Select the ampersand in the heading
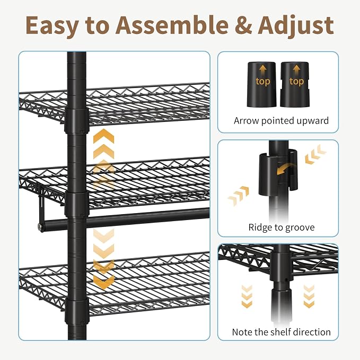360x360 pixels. [245, 25]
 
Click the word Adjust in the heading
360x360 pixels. [296, 25]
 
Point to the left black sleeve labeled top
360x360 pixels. [261, 84]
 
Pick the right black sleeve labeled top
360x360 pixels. [295, 84]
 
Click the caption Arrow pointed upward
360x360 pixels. [281, 121]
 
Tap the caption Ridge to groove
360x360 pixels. [281, 227]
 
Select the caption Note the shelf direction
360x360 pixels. [281, 332]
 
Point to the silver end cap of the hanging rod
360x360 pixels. [40, 227]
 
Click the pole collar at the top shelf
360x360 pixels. [77, 121]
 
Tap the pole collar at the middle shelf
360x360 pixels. [77, 205]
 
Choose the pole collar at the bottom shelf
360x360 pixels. [77, 311]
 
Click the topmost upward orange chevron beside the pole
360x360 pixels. [103, 136]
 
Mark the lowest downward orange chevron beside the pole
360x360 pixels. [103, 282]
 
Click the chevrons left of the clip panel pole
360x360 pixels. [238, 196]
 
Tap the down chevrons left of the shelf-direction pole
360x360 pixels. [247, 296]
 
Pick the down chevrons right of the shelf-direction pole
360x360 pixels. [309, 296]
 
